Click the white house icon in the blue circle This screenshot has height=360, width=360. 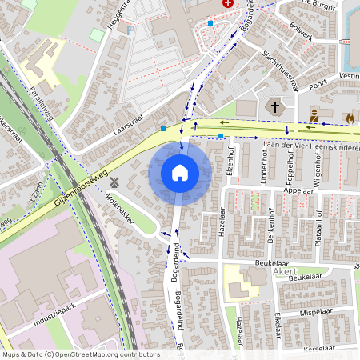pyautogui.click(x=180, y=173)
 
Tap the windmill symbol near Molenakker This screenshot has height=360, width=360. pyautogui.click(x=114, y=182)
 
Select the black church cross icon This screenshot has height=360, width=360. pyautogui.click(x=274, y=106)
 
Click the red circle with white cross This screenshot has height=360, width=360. pyautogui.click(x=227, y=4)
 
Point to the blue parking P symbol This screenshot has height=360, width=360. pyautogui.click(x=130, y=30)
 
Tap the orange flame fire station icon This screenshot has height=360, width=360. pyautogui.click(x=350, y=117)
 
